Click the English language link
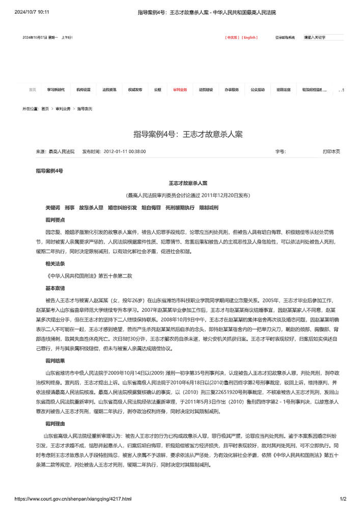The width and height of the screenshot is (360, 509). [x=250, y=37]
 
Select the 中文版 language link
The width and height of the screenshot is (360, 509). [x=232, y=37]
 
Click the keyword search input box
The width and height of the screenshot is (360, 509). [x=323, y=37]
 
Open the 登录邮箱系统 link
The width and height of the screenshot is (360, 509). [x=285, y=37]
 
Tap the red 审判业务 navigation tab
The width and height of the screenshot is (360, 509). [x=180, y=90]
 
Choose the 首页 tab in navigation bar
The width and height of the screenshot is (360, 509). [x=33, y=90]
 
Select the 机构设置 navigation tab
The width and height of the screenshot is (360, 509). [x=84, y=90]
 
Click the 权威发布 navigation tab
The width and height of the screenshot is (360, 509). [x=135, y=90]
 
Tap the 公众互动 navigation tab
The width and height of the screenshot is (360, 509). [x=257, y=90]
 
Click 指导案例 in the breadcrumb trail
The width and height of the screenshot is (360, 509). [x=85, y=109]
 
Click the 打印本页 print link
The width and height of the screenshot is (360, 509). [x=331, y=151]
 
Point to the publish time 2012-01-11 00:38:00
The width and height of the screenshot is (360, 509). [x=124, y=151]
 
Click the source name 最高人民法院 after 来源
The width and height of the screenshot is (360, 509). [x=61, y=151]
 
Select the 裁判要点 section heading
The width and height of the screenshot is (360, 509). [x=55, y=220]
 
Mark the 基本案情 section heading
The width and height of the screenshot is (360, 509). [x=55, y=288]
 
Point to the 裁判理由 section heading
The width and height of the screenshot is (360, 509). [x=55, y=423]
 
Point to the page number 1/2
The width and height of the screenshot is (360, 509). [x=343, y=499]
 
